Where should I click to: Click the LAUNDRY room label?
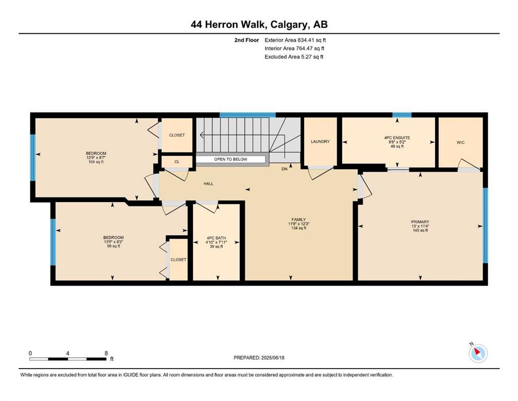(320, 141)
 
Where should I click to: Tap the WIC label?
(461, 143)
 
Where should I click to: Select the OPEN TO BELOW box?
(231, 159)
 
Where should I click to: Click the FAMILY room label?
(298, 219)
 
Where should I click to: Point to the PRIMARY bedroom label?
(420, 222)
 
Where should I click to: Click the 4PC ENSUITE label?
(397, 137)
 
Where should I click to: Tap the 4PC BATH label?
(216, 238)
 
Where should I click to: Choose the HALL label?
(209, 184)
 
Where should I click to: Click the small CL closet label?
(177, 162)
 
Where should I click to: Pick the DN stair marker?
(284, 169)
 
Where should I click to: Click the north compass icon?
(478, 353)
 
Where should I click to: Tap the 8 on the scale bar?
(106, 353)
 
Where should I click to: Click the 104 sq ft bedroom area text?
(96, 162)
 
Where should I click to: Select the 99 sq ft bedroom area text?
(113, 246)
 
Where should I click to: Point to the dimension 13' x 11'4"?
(420, 226)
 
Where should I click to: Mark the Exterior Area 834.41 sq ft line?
(295, 40)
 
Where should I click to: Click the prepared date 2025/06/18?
(273, 358)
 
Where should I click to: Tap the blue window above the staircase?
(247, 115)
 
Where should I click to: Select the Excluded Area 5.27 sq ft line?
(294, 56)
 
